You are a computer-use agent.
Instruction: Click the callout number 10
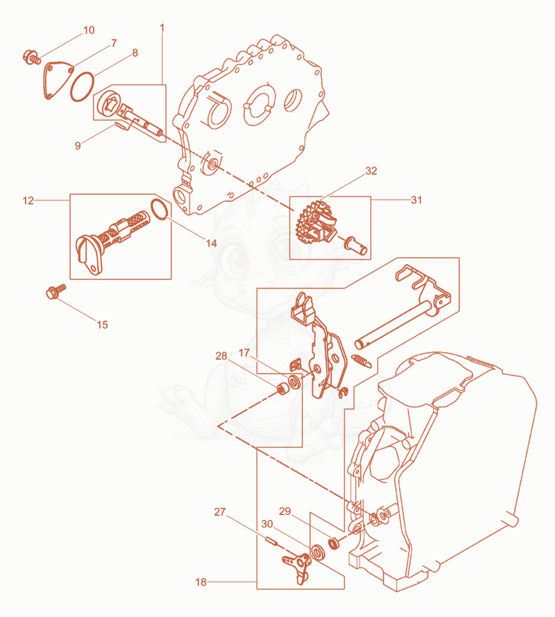(89, 30)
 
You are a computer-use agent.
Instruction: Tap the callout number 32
(371, 171)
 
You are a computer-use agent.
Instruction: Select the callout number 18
(201, 582)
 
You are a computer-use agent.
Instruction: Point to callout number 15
(103, 324)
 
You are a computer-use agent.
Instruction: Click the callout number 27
(220, 512)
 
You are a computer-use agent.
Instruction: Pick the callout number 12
(28, 200)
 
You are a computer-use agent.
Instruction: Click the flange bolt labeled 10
(32, 57)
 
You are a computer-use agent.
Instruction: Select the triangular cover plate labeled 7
(58, 80)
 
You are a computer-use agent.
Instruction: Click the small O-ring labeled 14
(160, 209)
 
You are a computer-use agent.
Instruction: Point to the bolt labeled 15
(56, 291)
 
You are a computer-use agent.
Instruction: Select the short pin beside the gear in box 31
(356, 245)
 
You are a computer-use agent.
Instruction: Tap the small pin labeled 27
(271, 541)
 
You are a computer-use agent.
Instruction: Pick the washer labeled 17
(294, 382)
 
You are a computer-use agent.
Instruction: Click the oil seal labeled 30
(318, 552)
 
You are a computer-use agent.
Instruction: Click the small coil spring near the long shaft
(361, 360)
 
